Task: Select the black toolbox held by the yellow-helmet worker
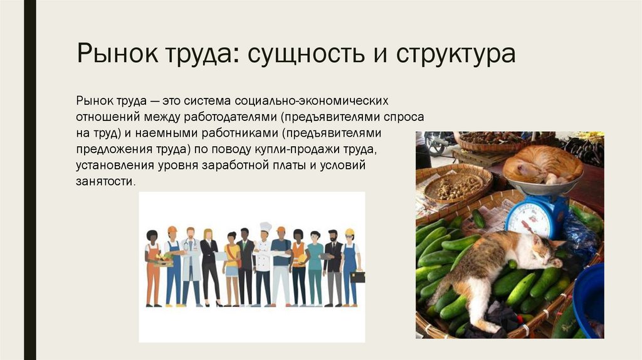(357, 277)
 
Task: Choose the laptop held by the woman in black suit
(220, 255)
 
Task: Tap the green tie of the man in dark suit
(245, 247)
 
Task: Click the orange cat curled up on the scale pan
(543, 165)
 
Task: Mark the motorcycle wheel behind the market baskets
(435, 144)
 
